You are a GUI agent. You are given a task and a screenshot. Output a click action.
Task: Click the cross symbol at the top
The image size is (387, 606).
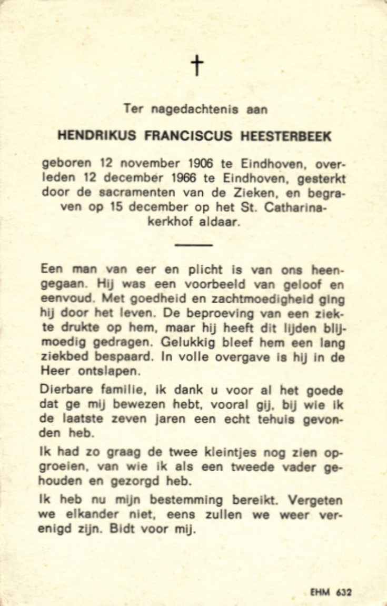pos(196,66)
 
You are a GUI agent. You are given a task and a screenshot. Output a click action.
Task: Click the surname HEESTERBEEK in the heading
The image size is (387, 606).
pos(286,136)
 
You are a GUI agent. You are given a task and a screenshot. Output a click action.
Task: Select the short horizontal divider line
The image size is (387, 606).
pos(193,245)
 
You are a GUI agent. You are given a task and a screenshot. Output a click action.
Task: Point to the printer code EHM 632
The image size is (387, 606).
pos(331,592)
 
